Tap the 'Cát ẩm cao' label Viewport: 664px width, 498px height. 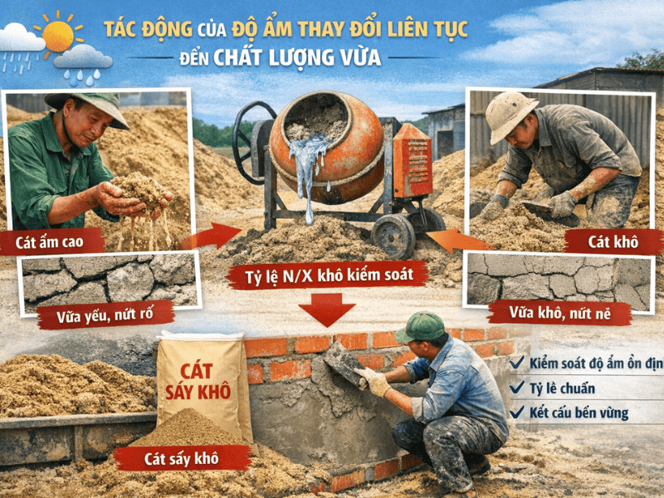50,242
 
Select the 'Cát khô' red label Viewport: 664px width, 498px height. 613,242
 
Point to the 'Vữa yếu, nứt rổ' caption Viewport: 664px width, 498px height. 105,315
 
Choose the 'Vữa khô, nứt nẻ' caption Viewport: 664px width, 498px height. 559,314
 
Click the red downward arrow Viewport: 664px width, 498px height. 326,309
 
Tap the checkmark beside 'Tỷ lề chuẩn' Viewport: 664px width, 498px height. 516,387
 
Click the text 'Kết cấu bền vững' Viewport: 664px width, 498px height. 579,413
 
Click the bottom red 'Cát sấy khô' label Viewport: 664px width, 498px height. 182,459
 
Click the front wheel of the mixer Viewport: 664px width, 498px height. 393,237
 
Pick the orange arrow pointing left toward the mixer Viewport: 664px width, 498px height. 460,240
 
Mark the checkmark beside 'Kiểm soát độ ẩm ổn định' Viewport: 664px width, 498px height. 516,363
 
